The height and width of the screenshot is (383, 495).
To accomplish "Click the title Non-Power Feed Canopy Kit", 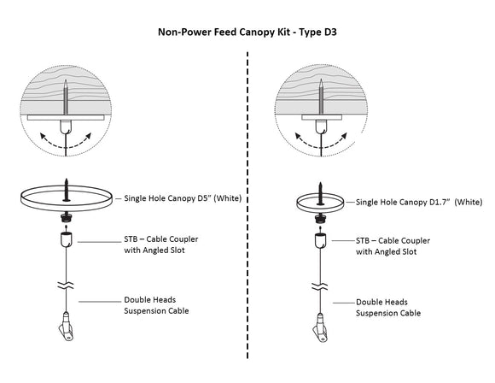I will point(247,32).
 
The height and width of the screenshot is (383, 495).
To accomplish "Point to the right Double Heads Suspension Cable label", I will point(393,306).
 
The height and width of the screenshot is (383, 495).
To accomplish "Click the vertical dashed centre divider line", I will point(247,214).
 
